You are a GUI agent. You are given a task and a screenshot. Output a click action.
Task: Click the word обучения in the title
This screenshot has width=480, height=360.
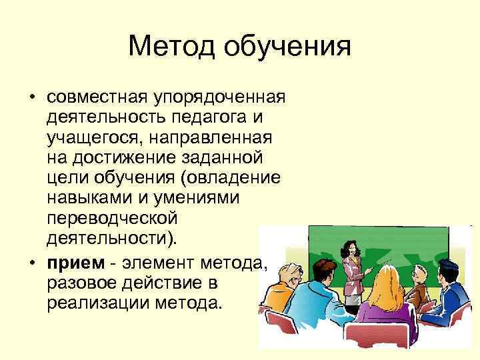(287, 47)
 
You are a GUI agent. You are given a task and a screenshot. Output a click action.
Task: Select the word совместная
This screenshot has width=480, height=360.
(99, 97)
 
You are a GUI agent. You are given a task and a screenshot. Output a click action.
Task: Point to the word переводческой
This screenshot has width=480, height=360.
(111, 219)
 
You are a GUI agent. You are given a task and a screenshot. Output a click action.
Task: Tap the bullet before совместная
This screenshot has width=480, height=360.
(32, 98)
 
